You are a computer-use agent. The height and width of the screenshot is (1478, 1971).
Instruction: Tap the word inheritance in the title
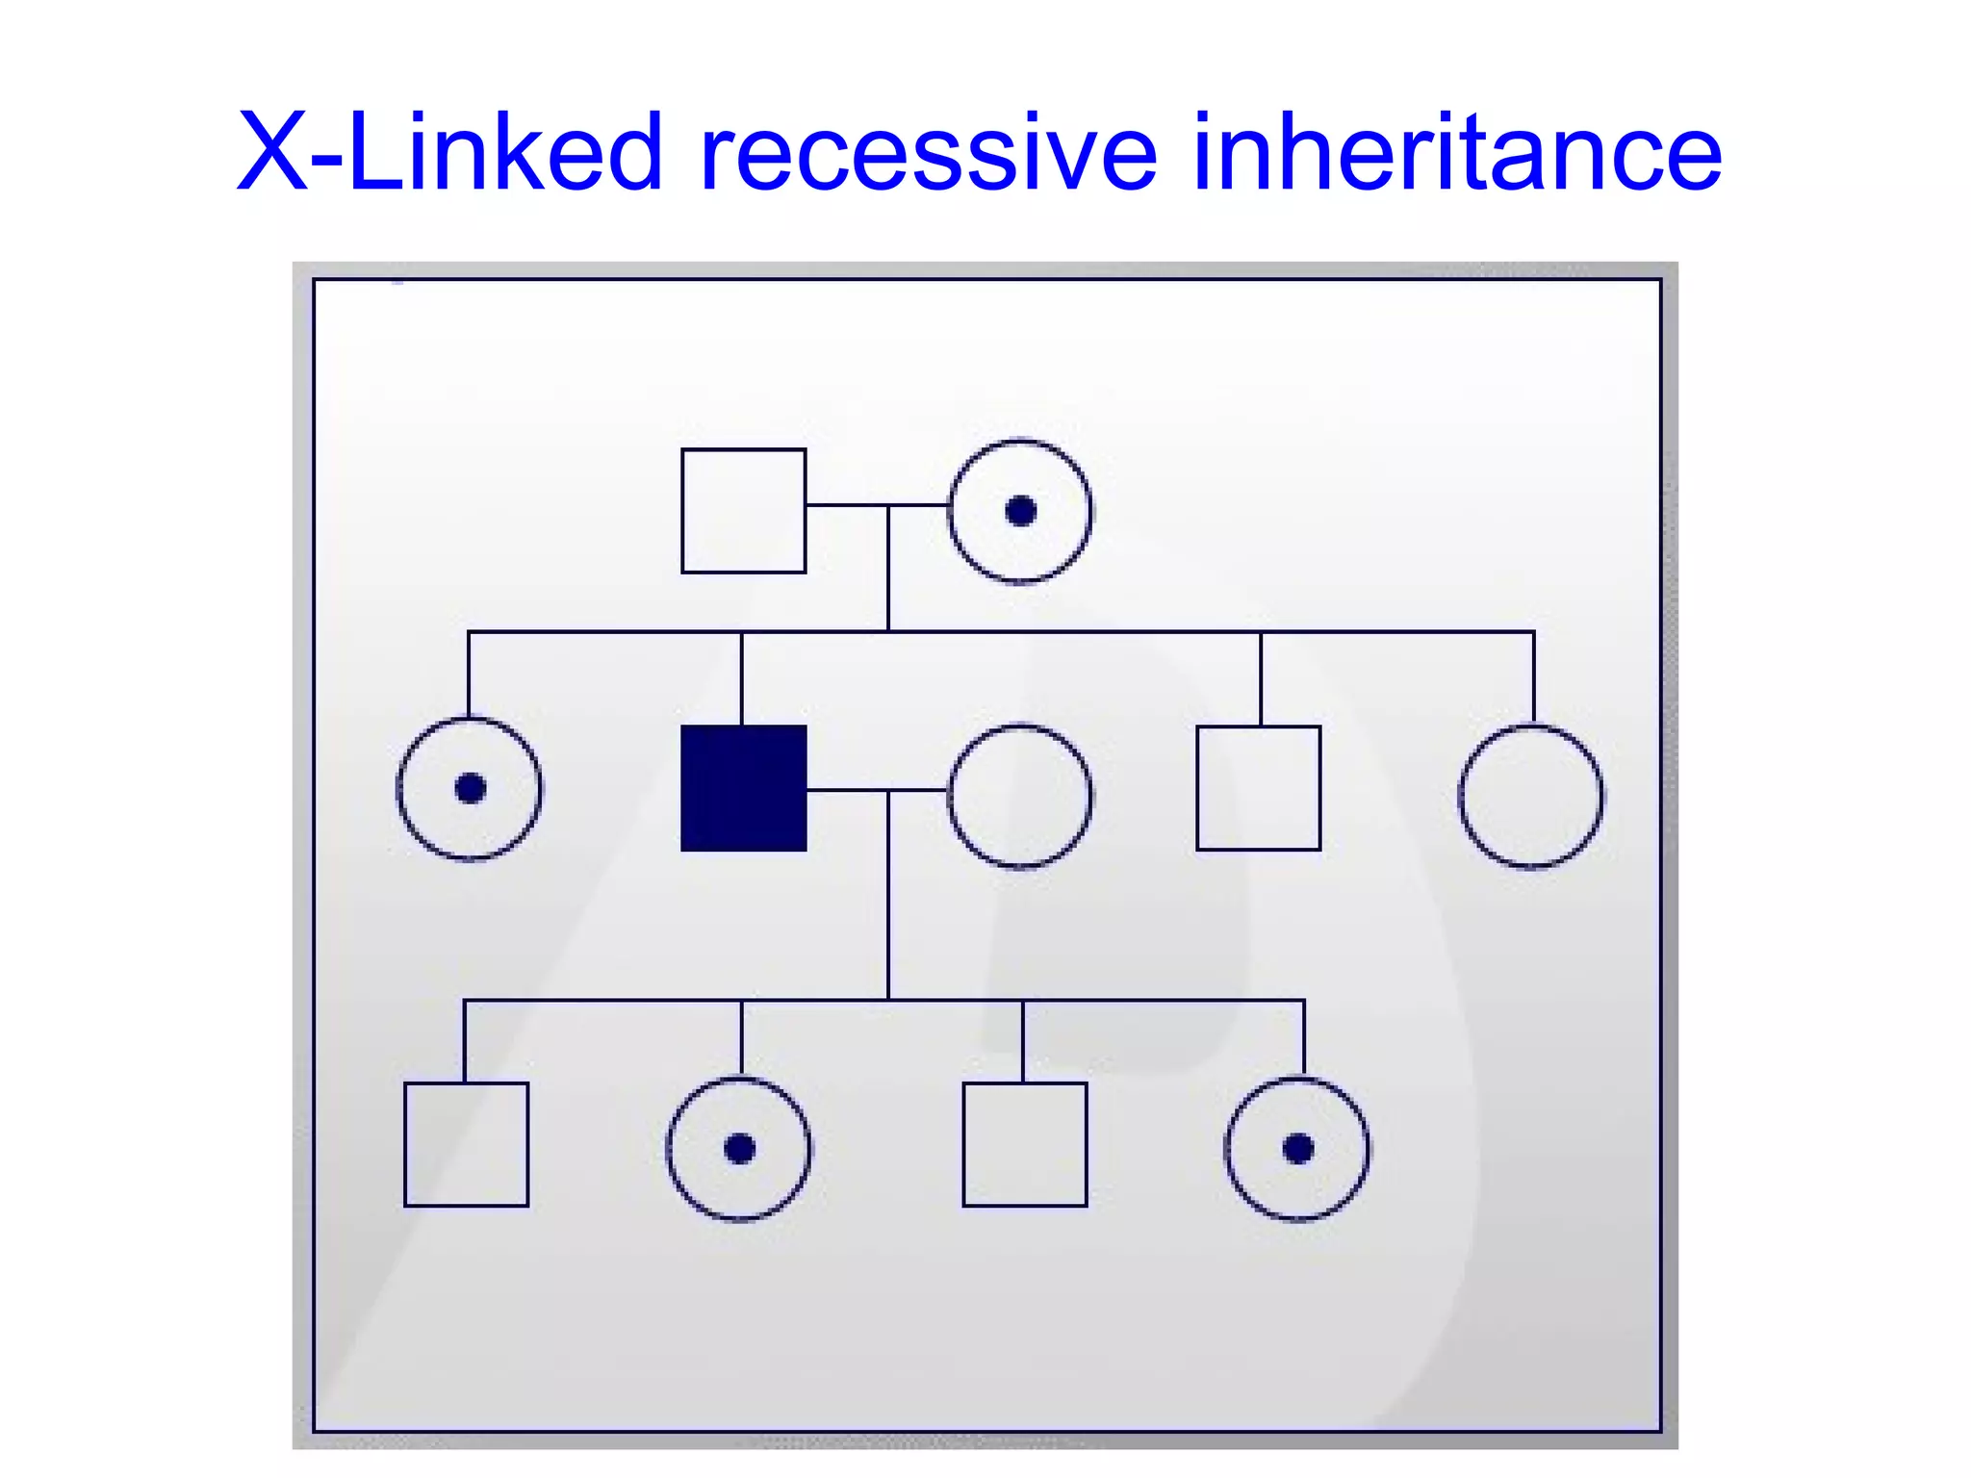tap(1456, 152)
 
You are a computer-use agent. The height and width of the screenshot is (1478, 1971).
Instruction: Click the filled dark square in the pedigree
tap(743, 788)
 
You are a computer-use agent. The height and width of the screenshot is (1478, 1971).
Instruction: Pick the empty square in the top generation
tap(743, 511)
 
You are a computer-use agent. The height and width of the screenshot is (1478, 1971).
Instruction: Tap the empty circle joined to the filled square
tap(1020, 796)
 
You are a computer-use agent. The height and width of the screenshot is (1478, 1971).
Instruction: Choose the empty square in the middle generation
tap(1258, 788)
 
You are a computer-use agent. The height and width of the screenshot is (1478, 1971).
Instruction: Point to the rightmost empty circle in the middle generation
tap(1531, 796)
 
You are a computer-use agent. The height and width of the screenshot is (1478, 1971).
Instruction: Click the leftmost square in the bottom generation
tap(466, 1144)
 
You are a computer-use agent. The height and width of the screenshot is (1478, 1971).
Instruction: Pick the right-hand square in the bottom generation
tap(1024, 1144)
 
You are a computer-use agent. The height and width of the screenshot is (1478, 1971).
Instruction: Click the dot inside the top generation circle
tap(1020, 511)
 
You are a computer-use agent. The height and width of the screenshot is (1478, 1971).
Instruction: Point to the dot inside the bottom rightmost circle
tap(1298, 1148)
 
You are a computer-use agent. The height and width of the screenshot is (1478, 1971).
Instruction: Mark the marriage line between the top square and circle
tap(847, 504)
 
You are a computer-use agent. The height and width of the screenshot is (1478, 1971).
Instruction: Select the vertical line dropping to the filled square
tap(742, 678)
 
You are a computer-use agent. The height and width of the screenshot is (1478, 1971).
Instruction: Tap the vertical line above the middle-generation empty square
tap(1261, 678)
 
